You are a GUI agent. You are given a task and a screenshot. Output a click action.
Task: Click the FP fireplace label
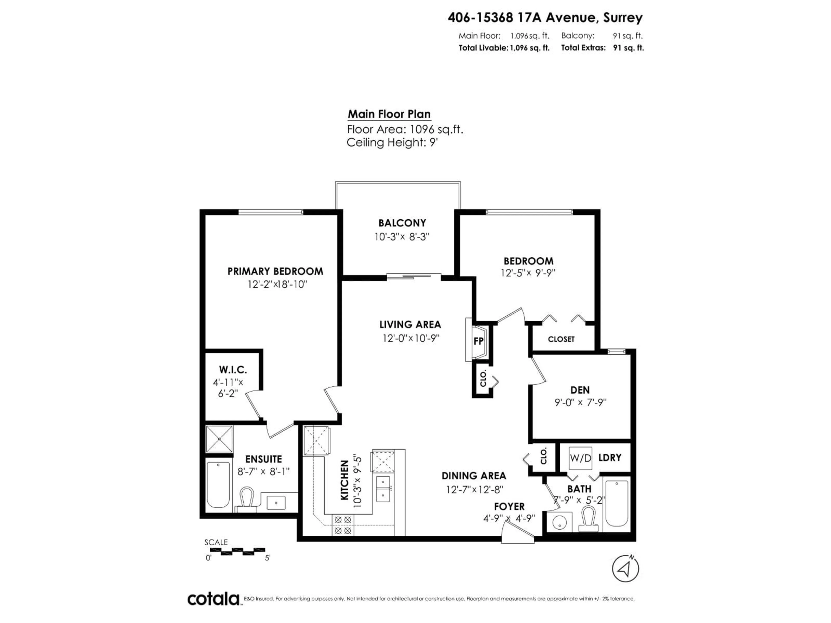coord(478,341)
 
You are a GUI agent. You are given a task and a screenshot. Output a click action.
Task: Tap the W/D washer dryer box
coord(580,458)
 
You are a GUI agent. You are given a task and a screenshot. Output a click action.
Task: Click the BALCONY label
coord(402,223)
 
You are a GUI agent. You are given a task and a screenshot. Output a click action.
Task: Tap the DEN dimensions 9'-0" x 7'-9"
coord(580,403)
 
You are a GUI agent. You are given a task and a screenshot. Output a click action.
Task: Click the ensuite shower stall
coord(219,439)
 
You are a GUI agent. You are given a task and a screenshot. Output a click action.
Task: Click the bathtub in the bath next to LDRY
coord(617,503)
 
